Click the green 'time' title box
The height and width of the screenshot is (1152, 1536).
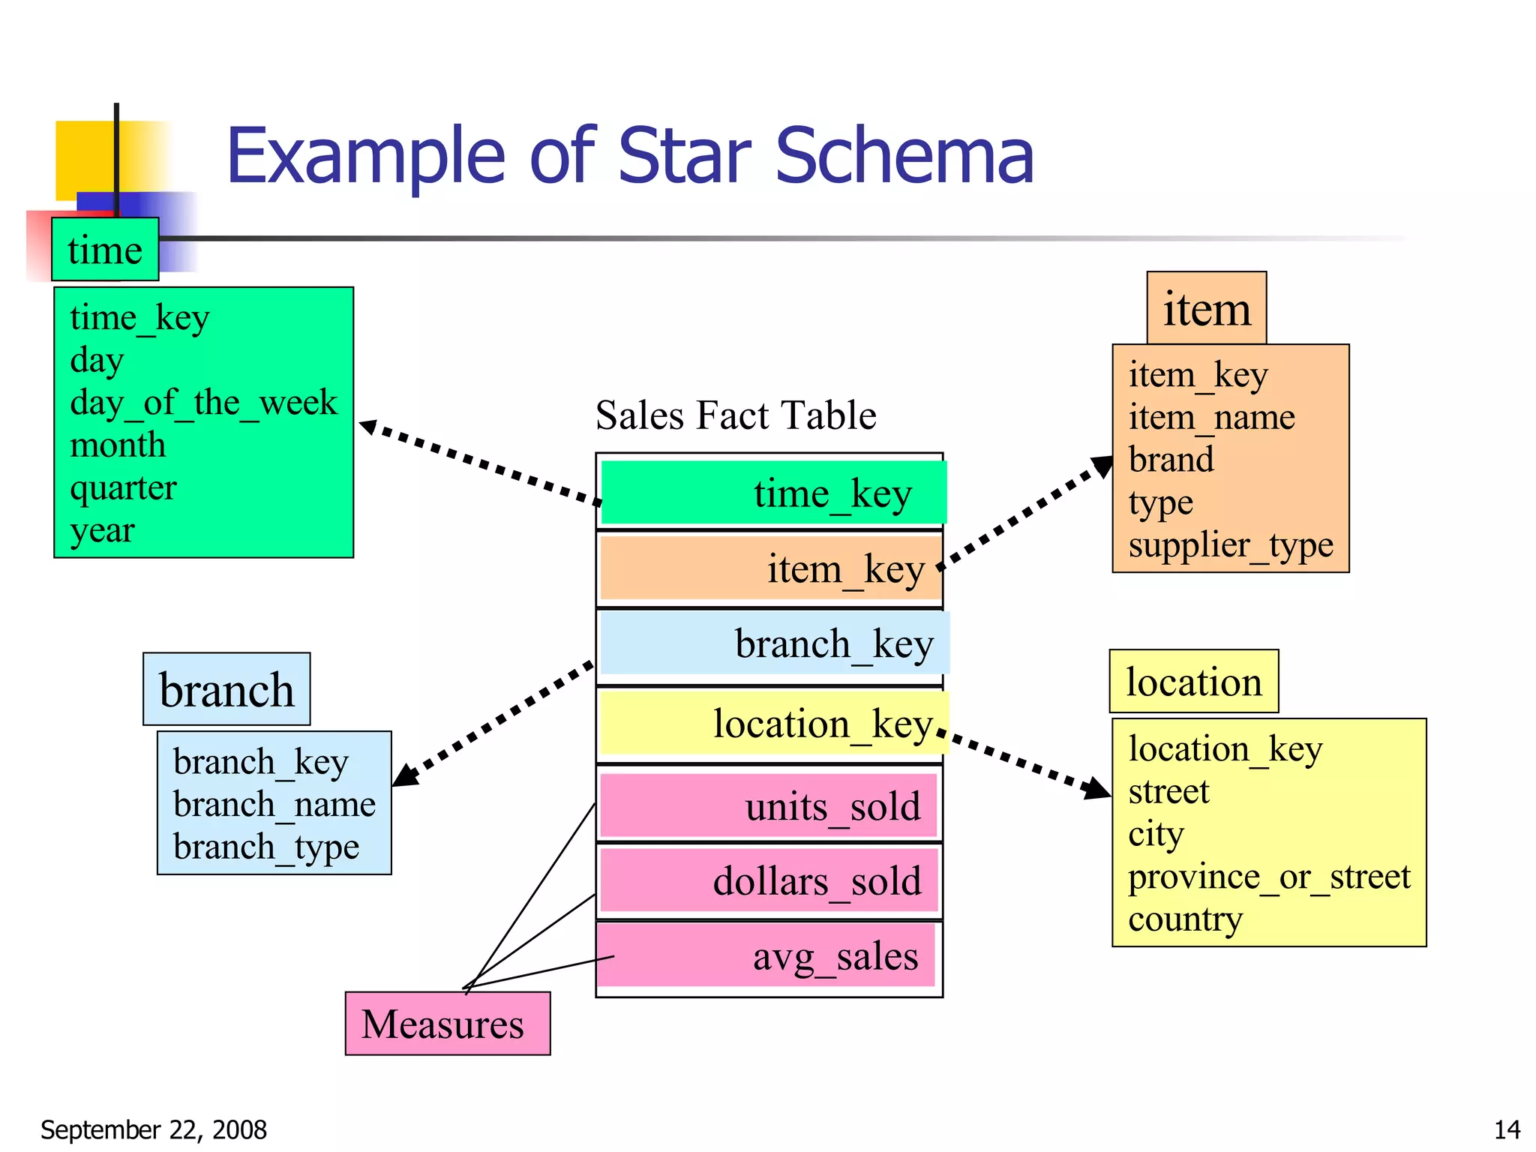(105, 250)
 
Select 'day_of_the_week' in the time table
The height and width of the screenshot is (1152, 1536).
(203, 403)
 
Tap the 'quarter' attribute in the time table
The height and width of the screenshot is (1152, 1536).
(123, 488)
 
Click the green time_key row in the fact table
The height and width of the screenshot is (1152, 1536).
(772, 493)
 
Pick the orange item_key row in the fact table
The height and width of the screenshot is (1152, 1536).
(770, 568)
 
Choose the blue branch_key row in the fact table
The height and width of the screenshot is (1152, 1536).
(773, 643)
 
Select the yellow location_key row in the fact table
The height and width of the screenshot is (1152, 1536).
(773, 723)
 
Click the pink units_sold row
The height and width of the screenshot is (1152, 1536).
(769, 806)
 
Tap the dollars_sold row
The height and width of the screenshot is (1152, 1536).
(769, 880)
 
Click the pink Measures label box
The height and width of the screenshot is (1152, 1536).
(448, 1024)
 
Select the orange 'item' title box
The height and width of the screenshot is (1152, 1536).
(1206, 308)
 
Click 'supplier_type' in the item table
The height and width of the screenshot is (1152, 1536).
(1231, 545)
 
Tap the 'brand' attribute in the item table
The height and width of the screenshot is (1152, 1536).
(1171, 460)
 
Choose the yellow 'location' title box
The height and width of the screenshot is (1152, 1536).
(1193, 682)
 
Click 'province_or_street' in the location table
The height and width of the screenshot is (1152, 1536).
(1269, 877)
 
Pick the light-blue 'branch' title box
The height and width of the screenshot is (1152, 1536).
(226, 689)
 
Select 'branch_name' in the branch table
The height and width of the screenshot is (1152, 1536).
(274, 805)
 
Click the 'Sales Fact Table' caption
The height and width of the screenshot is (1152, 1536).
(736, 415)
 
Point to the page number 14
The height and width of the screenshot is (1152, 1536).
(1507, 1129)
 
